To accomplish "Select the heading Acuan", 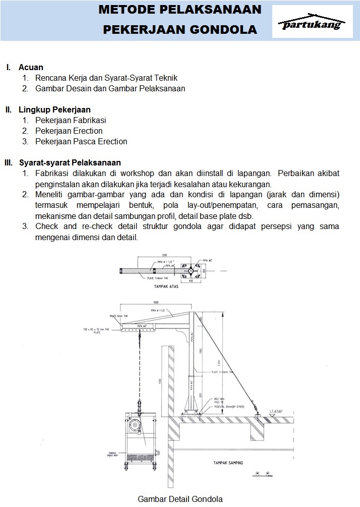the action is point(31,67).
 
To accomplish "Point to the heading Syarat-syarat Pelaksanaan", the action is point(70,162).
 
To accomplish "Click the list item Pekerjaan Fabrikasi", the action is point(71,121).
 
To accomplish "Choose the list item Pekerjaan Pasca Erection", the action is point(81,142).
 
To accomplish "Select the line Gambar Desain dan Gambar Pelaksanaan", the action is point(110,89).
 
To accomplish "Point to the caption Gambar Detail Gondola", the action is point(180,499).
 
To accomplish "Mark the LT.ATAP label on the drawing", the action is point(275,412).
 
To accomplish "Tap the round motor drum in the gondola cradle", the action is point(135,426).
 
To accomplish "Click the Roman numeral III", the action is point(8,162).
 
